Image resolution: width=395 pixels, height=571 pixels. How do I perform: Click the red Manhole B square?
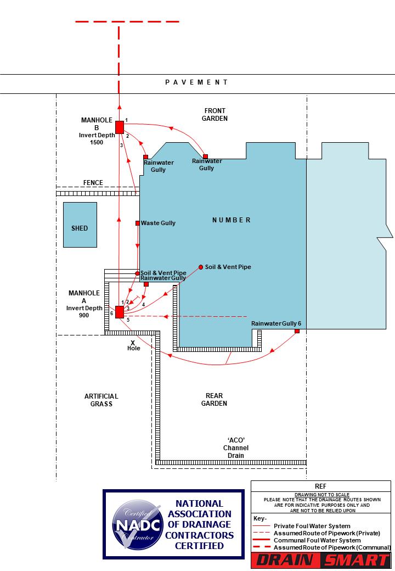(x=120, y=127)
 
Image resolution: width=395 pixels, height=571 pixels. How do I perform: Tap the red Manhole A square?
(x=120, y=312)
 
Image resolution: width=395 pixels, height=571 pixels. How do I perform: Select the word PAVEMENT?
(x=196, y=82)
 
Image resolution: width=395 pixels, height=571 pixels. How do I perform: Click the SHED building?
(x=80, y=225)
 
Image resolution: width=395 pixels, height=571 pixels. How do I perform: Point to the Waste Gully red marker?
(x=138, y=223)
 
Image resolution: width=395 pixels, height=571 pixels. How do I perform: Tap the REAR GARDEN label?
(x=214, y=400)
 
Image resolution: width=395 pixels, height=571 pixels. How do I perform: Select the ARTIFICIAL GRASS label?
(x=101, y=400)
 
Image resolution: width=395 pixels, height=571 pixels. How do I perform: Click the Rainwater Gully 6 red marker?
(x=297, y=331)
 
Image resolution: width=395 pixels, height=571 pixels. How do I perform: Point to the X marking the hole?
(x=133, y=343)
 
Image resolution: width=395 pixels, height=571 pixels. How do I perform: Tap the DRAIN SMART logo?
(x=321, y=561)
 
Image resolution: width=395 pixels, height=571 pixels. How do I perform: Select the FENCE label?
(x=93, y=183)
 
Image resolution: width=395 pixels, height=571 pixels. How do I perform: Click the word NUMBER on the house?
(x=232, y=220)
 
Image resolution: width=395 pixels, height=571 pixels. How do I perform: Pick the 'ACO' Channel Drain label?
(x=236, y=448)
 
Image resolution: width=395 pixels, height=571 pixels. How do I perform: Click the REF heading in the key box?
(x=320, y=486)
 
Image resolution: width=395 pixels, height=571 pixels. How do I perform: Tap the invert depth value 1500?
(x=97, y=142)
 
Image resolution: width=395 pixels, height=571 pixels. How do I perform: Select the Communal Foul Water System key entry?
(x=309, y=540)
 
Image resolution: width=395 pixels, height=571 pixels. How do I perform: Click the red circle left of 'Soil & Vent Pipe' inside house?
(x=201, y=267)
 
